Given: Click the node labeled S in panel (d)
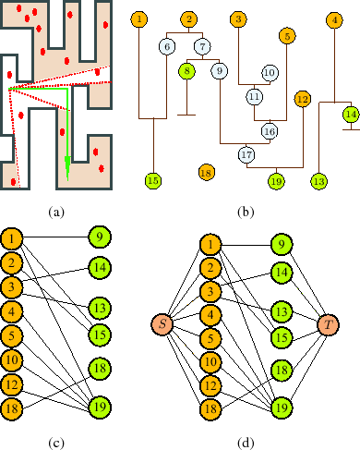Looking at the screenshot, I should (x=162, y=323).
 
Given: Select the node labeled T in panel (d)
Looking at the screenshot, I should (x=328, y=324).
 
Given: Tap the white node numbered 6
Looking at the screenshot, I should (x=167, y=47).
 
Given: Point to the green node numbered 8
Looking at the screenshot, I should (x=187, y=71).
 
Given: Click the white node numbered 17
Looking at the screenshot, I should (x=246, y=154).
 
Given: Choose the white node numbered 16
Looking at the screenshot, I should (x=269, y=130).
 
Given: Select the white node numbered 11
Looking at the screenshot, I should (x=254, y=95).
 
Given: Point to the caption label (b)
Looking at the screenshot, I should (x=245, y=213).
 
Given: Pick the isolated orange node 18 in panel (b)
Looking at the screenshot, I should (x=207, y=172).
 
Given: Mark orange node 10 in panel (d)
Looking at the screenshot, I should (x=210, y=360).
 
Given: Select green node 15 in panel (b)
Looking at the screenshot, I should (x=153, y=180).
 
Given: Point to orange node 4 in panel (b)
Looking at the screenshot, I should (x=333, y=19).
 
